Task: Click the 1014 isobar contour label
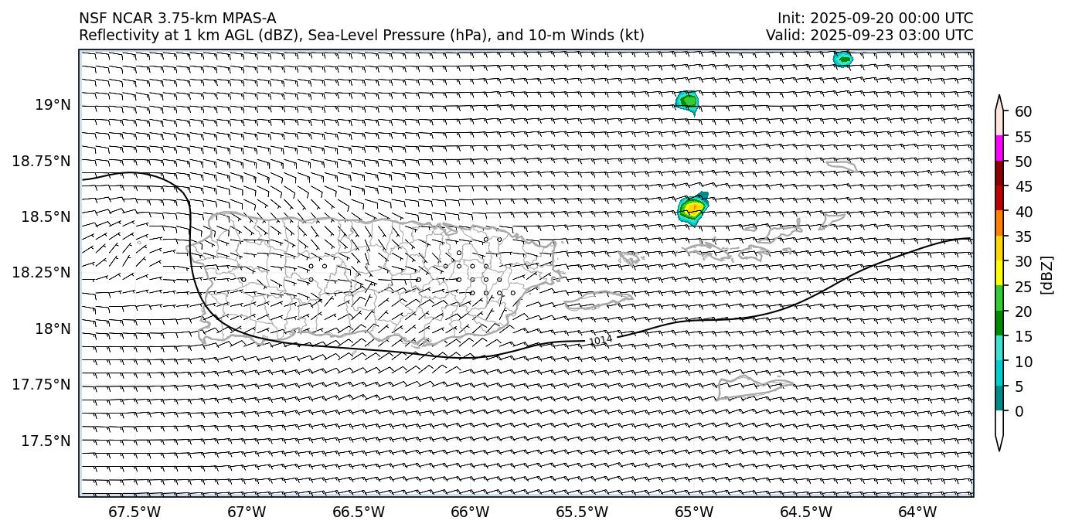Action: click(x=601, y=340)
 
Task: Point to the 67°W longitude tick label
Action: click(x=247, y=512)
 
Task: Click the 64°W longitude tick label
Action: click(x=917, y=512)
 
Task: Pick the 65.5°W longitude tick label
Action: click(x=582, y=512)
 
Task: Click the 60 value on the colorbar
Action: click(x=1023, y=112)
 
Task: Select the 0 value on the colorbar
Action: click(x=1019, y=411)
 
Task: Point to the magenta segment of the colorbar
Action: click(x=999, y=148)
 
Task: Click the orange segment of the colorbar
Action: click(x=999, y=223)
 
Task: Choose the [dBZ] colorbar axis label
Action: click(x=1047, y=274)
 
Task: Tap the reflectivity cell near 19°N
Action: click(x=687, y=101)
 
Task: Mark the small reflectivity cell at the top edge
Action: click(x=842, y=59)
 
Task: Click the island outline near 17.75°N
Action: click(x=754, y=386)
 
